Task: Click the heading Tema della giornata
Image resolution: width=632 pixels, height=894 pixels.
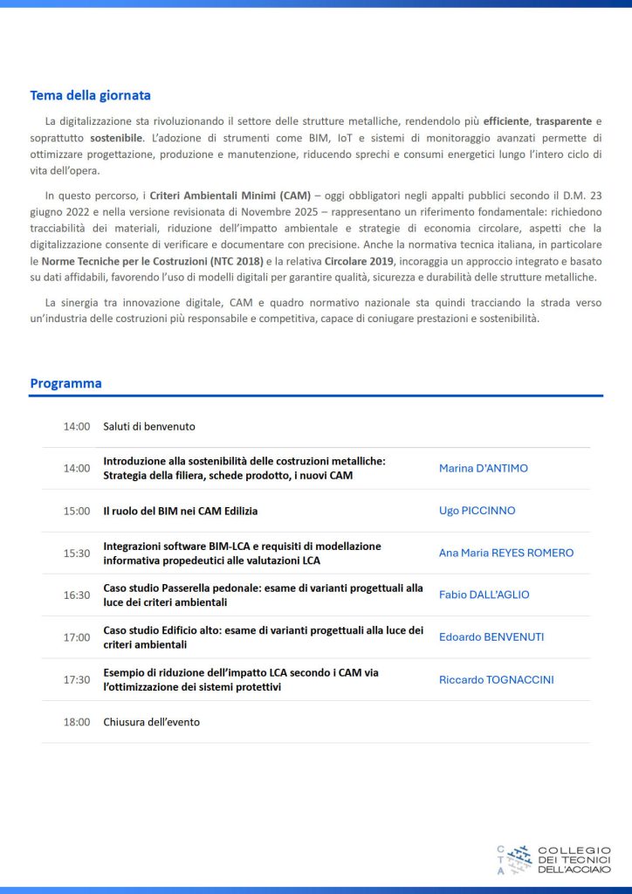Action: [91, 95]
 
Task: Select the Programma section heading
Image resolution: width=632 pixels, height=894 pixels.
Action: [65, 383]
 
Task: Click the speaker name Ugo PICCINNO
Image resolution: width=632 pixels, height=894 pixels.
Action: [477, 511]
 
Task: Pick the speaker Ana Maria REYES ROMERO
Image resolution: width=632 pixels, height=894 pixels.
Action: [505, 553]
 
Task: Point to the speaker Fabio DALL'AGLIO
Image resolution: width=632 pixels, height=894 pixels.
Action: [484, 595]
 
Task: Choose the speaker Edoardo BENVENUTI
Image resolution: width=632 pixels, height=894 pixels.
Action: [491, 636]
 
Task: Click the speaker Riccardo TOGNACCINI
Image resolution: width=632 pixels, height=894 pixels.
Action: [496, 679]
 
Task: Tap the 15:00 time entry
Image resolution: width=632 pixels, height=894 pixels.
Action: [76, 511]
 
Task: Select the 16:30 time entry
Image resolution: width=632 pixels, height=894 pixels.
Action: [76, 595]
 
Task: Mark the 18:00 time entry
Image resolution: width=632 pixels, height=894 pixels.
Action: [76, 722]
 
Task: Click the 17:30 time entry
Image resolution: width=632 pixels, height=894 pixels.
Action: [76, 679]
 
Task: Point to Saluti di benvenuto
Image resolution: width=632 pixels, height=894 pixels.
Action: [149, 427]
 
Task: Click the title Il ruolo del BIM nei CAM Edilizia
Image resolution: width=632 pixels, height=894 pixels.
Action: [181, 511]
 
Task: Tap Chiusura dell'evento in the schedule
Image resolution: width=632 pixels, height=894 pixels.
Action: [152, 722]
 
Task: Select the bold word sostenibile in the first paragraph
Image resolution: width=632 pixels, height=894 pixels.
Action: [116, 139]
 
